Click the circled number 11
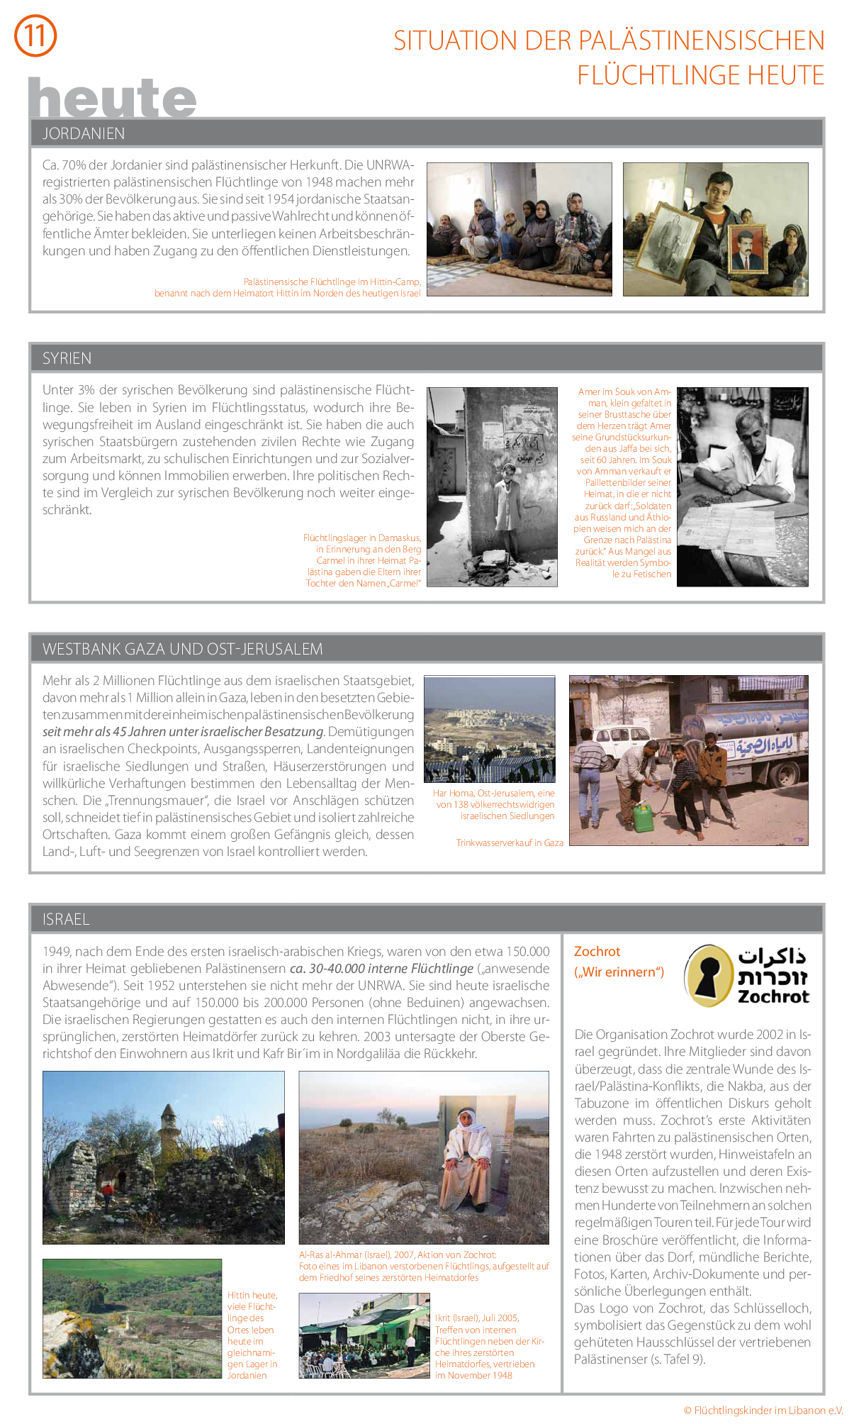click(35, 35)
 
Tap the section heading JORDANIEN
click(84, 133)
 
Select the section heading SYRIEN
click(67, 358)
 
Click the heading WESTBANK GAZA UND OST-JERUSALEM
click(182, 649)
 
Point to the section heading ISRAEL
click(66, 919)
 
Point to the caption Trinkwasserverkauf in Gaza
click(510, 842)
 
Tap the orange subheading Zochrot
click(597, 952)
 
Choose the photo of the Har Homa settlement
click(489, 729)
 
